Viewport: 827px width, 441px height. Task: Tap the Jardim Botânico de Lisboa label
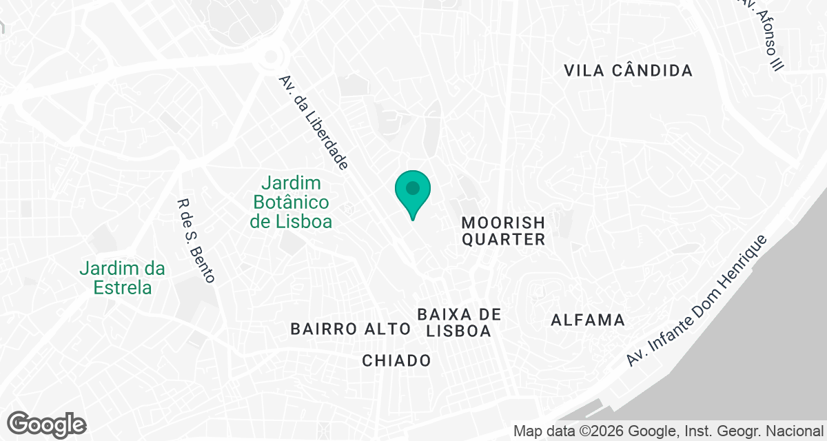click(x=291, y=203)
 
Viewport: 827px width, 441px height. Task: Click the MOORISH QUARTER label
click(x=503, y=231)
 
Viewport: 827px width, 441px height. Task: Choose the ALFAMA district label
click(x=588, y=320)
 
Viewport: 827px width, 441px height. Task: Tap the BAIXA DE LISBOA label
click(x=458, y=322)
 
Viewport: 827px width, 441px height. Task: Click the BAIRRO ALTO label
click(x=350, y=329)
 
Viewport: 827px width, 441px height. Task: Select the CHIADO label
click(x=396, y=360)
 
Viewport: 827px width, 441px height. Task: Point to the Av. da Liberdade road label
click(x=314, y=122)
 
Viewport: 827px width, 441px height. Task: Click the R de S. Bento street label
click(x=196, y=241)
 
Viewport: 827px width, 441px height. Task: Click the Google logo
click(x=47, y=424)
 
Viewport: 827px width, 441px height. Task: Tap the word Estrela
click(x=123, y=287)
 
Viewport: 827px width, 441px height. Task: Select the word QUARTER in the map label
click(x=503, y=240)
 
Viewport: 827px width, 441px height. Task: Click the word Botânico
click(x=291, y=203)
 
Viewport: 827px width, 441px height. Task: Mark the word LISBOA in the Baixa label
click(x=458, y=331)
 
